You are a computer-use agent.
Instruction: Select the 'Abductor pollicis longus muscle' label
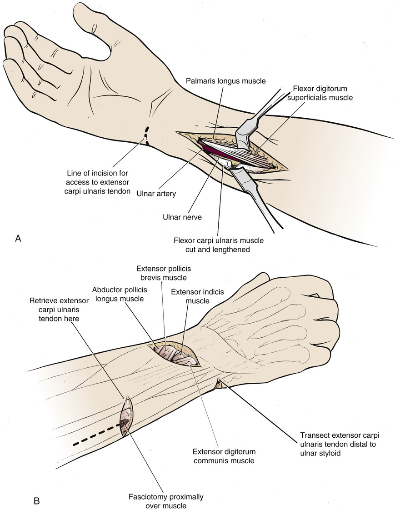(x=118, y=294)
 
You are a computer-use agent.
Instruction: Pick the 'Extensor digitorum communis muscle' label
(x=222, y=455)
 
